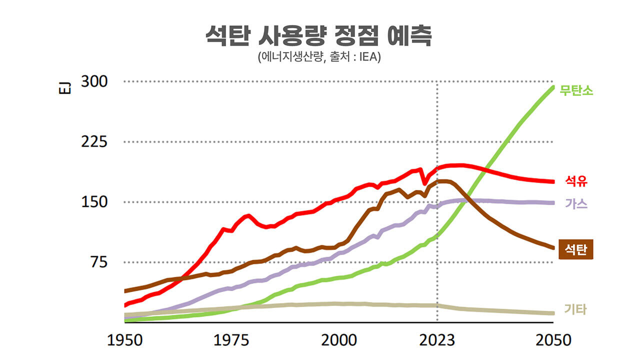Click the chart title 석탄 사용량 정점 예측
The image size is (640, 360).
[x=318, y=36]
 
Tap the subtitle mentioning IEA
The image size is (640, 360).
[x=319, y=57]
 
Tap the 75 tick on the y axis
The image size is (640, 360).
[x=97, y=262]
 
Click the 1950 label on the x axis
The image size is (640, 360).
[x=124, y=340]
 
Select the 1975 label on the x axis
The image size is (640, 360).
[x=231, y=340]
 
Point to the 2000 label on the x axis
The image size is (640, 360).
[x=338, y=340]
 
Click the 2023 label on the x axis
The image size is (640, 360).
[x=437, y=340]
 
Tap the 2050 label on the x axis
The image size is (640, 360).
[x=553, y=340]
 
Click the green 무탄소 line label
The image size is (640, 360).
[x=576, y=91]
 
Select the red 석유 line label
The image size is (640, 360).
[x=576, y=181]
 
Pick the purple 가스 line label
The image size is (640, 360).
[x=576, y=203]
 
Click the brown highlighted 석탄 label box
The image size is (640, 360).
[x=576, y=249]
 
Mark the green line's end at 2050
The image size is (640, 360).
[x=553, y=87]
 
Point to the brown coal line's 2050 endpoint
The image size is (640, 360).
[x=553, y=247]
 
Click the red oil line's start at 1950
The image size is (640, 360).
[x=125, y=305]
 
